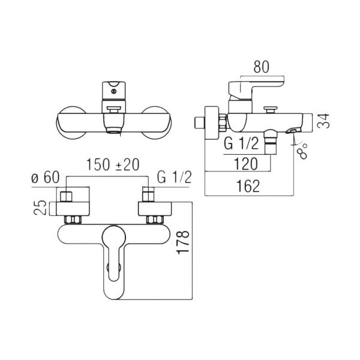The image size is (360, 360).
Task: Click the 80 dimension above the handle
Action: pos(261,67)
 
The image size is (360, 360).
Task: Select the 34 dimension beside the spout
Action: pos(323,121)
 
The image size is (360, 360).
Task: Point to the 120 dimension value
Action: pos(245,163)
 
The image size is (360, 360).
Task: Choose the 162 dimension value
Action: pos(248,186)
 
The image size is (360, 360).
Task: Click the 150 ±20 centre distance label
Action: pos(113,164)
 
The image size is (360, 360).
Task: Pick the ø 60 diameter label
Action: pos(46,177)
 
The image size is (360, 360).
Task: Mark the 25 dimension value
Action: pos(40,208)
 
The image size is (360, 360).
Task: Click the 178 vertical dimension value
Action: pos(183,242)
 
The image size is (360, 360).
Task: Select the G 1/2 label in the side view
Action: pos(241,144)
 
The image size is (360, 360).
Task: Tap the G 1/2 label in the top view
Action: pos(174,177)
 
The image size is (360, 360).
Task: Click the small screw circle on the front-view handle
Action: pos(113,91)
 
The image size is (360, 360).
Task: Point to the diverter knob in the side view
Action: pos(271,110)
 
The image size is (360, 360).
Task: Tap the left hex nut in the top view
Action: pos(73,220)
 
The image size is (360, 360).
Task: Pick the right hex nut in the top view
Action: pos(155,220)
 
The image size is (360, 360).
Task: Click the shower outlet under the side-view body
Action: pos(271,142)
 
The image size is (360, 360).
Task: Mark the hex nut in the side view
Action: pos(223,122)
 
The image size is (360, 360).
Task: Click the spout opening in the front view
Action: pos(113,131)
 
